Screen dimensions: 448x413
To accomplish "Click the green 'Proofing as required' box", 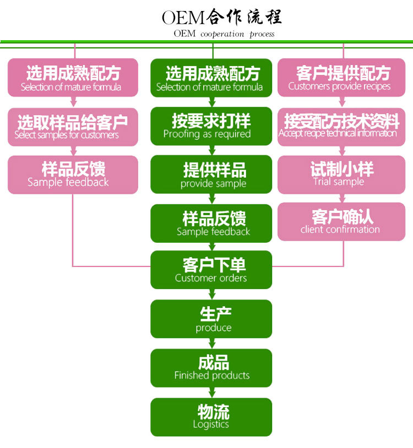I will click(211, 126).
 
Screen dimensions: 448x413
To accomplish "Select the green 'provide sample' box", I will click(211, 174).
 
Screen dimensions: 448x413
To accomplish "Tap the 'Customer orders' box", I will click(211, 270).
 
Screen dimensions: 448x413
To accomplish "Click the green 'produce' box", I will click(211, 319).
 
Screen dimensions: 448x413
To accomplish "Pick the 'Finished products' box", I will click(211, 368).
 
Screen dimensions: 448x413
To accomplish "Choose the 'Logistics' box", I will click(211, 417).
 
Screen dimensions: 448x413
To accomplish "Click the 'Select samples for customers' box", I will click(73, 127).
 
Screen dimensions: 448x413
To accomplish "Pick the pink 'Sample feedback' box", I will click(73, 174).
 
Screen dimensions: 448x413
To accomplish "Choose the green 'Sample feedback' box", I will click(211, 223).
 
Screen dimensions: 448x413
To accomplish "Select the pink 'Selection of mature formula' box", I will click(73, 78).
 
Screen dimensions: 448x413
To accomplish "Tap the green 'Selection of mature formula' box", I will click(211, 78).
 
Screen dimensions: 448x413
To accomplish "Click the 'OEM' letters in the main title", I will click(183, 18).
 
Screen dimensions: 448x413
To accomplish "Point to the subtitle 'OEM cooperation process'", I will click(224, 34).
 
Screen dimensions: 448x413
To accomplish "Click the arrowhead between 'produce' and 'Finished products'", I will click(211, 345).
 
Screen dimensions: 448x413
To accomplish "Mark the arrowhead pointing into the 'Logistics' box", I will click(211, 394).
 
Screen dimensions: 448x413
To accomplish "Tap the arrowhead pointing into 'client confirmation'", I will click(344, 199).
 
